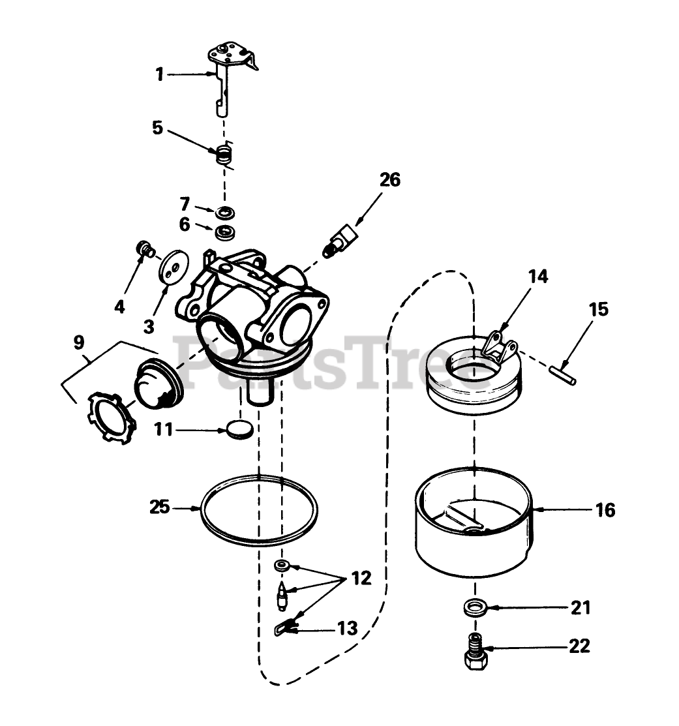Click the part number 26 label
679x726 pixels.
click(390, 180)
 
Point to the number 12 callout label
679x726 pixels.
click(361, 578)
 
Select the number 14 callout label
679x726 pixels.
click(538, 276)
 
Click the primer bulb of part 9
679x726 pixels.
click(157, 385)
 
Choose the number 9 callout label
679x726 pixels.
click(78, 341)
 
